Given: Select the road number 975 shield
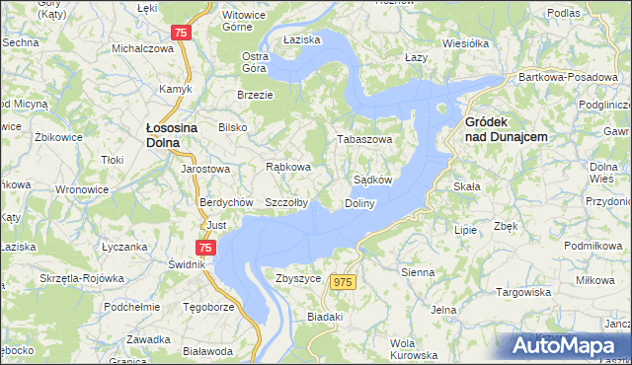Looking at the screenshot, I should point(343,283).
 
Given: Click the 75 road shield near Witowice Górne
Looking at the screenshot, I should point(180,33).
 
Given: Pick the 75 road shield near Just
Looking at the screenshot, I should point(205,249).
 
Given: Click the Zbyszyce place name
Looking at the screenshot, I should point(299,279).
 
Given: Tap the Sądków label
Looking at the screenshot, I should point(373,181).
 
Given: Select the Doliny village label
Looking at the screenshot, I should point(359,203).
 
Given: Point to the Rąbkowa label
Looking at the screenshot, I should point(289,167).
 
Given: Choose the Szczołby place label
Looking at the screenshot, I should point(286,202).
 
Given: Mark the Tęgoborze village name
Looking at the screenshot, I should point(208,306).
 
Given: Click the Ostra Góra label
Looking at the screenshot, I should point(256,62).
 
